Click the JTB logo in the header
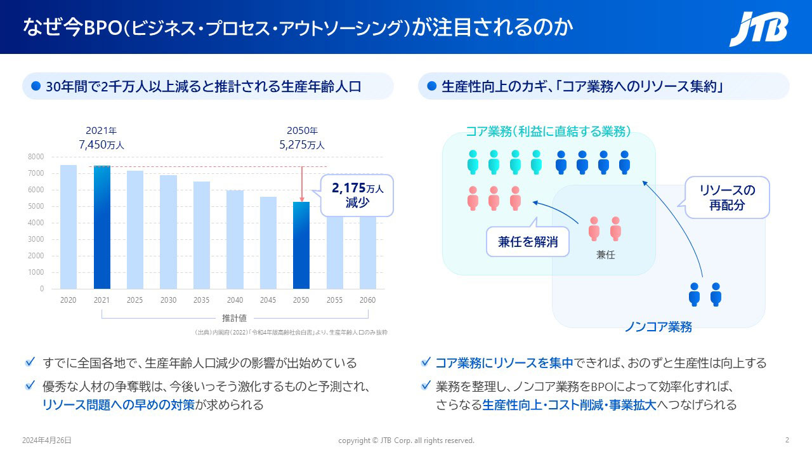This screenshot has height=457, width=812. click(758, 29)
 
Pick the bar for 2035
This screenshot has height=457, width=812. click(202, 235)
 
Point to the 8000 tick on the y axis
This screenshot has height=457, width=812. click(36, 157)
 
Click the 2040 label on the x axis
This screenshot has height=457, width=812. click(235, 300)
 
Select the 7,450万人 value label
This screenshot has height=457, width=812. click(101, 145)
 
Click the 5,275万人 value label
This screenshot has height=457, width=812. click(302, 145)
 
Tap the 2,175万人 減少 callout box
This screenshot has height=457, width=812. click(356, 195)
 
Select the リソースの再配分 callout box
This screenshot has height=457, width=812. click(727, 197)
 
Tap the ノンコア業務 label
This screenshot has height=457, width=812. click(658, 328)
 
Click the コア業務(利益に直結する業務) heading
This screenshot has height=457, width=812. click(548, 131)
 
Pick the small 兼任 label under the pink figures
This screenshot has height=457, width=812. click(606, 255)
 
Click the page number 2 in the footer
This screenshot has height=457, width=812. click(787, 440)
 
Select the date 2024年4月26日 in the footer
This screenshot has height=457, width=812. click(47, 440)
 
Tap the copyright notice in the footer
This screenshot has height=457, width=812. click(406, 440)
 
